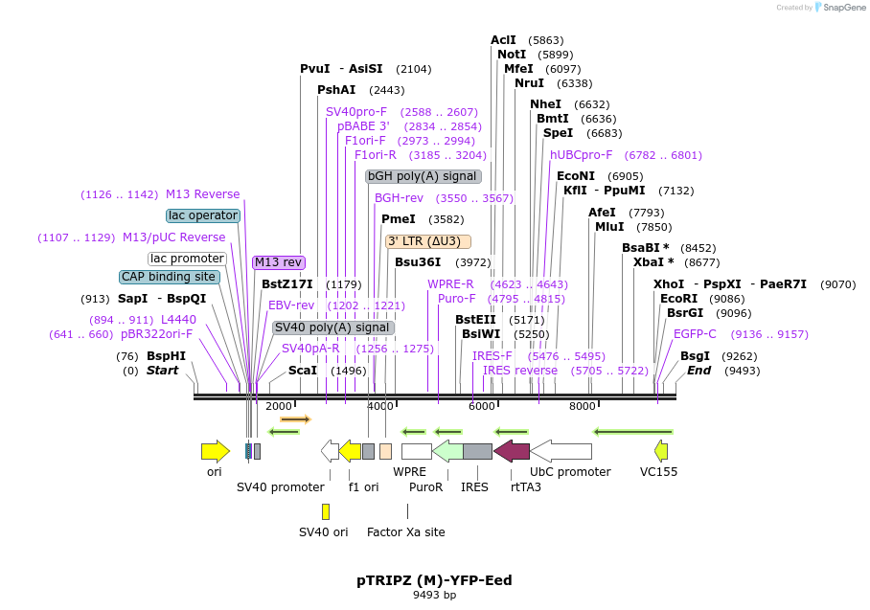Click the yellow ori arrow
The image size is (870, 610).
215,451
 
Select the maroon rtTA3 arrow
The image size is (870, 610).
511,451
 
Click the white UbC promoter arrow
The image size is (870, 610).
561,451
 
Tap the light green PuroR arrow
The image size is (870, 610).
447,451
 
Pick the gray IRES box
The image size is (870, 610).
477,451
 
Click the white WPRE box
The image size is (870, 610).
416,451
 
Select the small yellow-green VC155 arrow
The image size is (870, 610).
660,451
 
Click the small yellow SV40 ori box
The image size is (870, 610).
326,511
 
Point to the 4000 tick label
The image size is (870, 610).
380,406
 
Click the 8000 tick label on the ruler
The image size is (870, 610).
583,406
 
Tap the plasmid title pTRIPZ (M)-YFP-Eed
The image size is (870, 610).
434,580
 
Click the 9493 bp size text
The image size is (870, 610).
434,596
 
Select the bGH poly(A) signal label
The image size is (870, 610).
423,176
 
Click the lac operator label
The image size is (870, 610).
202,215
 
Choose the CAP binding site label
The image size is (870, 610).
169,277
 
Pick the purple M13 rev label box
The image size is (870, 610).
279,262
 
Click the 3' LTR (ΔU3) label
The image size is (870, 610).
428,241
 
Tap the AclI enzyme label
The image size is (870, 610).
503,40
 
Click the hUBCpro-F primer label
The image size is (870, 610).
581,155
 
